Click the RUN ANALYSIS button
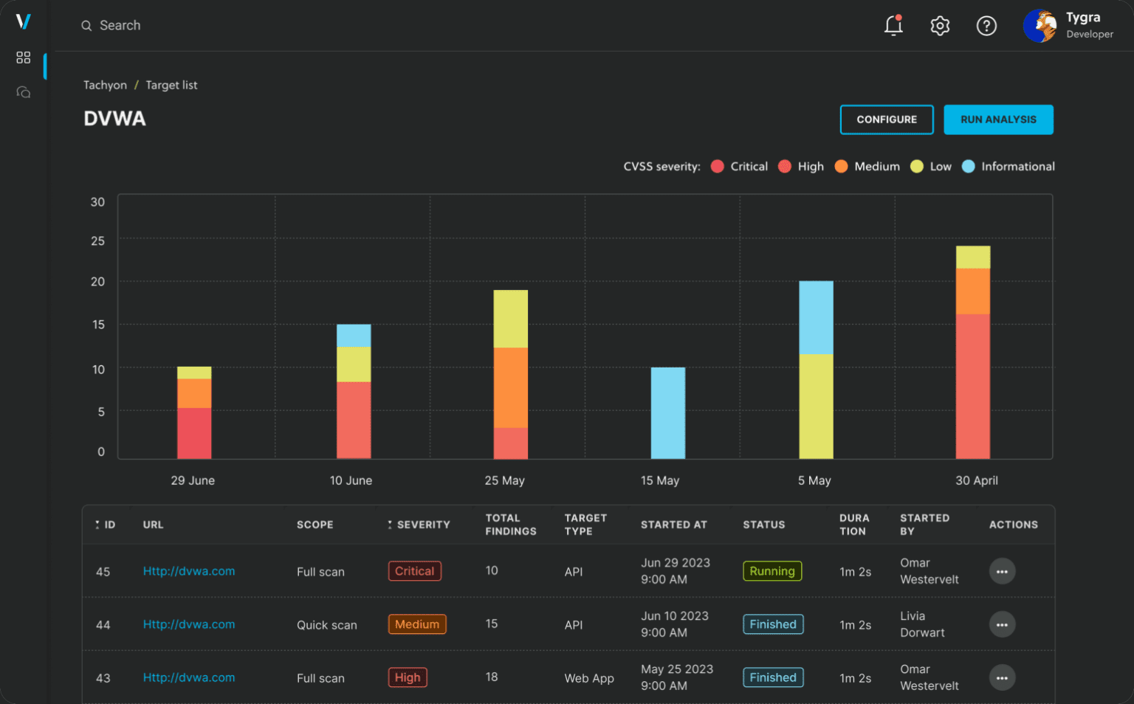coord(998,120)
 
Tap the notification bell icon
coord(893,26)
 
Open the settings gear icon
coord(940,26)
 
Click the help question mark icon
coord(986,26)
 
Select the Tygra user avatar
coord(1039,26)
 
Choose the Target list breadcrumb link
coord(171,86)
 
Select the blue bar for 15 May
coord(667,413)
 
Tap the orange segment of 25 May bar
coord(510,387)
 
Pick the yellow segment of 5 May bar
coord(816,406)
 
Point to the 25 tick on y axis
coord(97,241)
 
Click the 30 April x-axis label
coord(976,480)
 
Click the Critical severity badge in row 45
coord(414,571)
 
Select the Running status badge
coord(772,571)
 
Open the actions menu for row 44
coord(1002,624)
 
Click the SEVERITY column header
coord(422,525)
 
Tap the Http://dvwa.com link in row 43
coord(189,677)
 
